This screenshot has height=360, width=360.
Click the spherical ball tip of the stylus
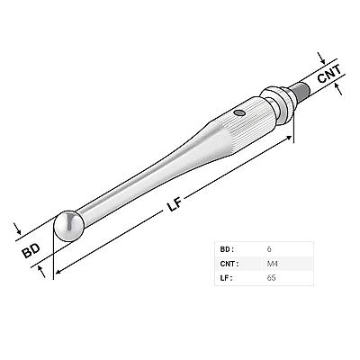[x=68, y=226]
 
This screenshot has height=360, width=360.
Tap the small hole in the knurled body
[x=239, y=112]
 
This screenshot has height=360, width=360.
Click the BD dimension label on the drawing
[x=31, y=251]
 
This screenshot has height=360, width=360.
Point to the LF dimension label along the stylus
[x=175, y=204]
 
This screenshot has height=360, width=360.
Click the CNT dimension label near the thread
[x=329, y=74]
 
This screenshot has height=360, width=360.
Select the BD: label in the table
[x=227, y=249]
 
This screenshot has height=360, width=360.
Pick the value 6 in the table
[x=269, y=249]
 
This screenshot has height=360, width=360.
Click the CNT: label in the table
[x=229, y=264]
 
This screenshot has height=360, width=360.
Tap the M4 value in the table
[x=272, y=264]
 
